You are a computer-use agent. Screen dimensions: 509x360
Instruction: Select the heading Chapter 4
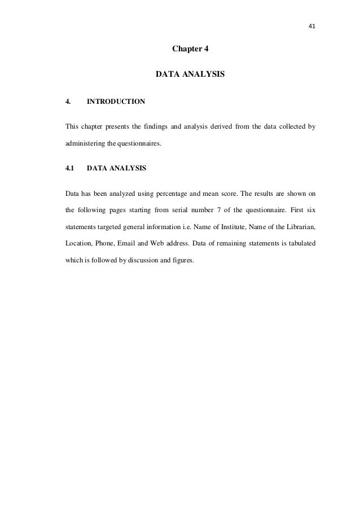click(x=190, y=49)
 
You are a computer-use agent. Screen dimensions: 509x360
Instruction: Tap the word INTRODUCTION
click(x=116, y=102)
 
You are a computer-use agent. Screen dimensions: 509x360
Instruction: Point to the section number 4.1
click(x=71, y=168)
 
